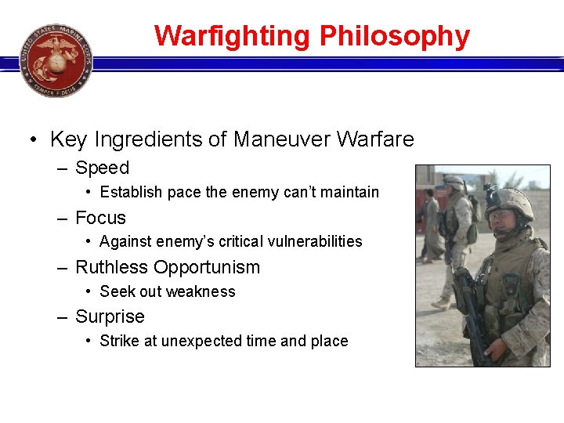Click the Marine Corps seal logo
point(56,60)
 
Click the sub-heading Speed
point(102,168)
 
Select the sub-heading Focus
point(100,218)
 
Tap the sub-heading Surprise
point(110,316)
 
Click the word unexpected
point(200,341)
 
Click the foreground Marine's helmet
point(511,203)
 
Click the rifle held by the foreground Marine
point(470,313)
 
